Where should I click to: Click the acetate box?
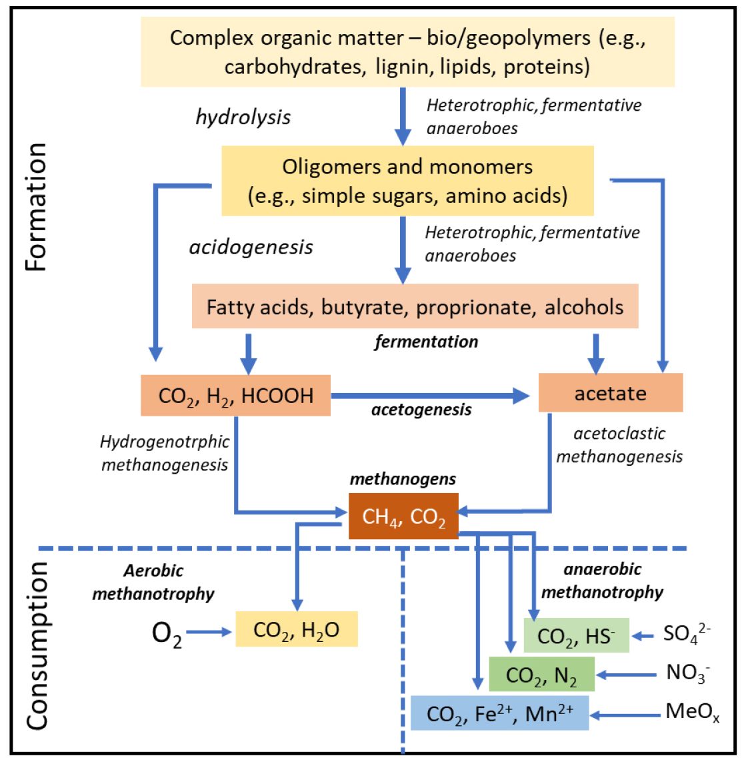tap(610, 392)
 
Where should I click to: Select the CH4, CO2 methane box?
tap(403, 516)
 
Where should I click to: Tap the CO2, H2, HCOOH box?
tap(235, 395)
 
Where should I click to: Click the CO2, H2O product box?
tap(296, 629)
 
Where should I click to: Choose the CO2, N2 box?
tap(541, 674)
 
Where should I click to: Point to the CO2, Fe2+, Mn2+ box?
tap(499, 713)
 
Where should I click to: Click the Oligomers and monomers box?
tap(407, 181)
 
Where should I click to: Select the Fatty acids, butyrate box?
tap(415, 306)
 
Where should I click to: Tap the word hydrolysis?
tap(243, 117)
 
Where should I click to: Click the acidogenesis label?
tap(251, 247)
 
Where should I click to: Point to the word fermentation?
tap(426, 342)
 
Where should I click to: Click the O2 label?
tap(167, 633)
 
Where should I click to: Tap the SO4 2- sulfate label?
tap(686, 633)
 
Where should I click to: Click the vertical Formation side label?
tap(36, 207)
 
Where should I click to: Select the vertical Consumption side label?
tap(36, 645)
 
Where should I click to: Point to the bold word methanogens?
tap(403, 478)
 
